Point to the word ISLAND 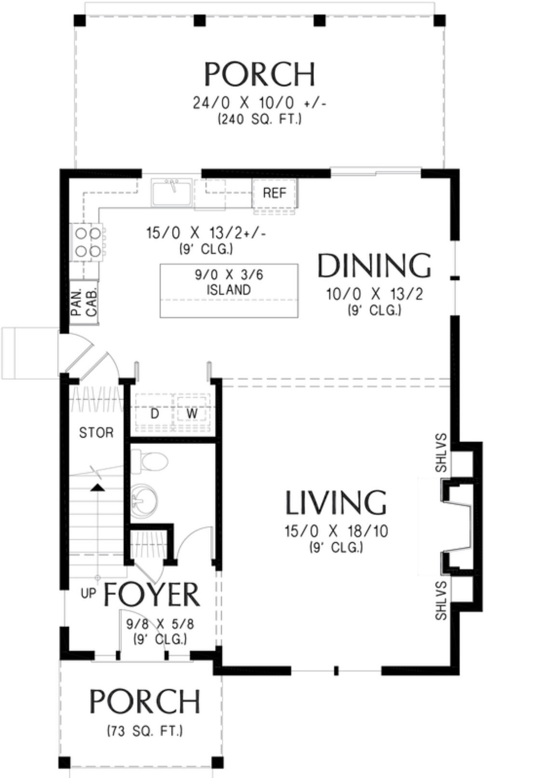[229, 289]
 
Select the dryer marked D [155, 413]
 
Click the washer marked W [191, 413]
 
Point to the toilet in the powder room [149, 461]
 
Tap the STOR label [96, 432]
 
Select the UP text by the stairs [88, 593]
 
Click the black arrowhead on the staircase [97, 488]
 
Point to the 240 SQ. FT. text [259, 120]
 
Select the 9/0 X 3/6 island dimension [229, 275]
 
